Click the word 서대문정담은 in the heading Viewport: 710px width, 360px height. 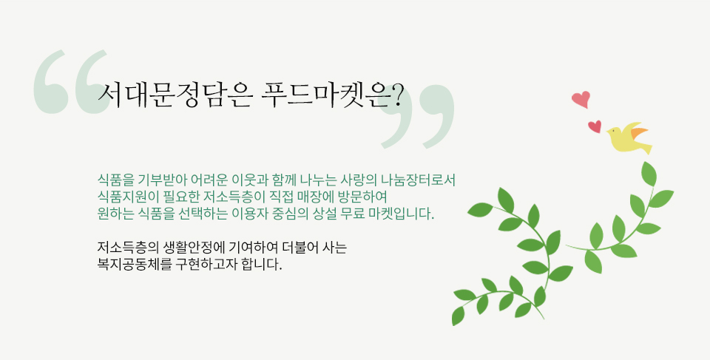tap(174, 95)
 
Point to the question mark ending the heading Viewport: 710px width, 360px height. tap(396, 95)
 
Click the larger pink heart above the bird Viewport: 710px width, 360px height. tap(581, 99)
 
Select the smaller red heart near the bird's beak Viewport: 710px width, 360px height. tap(595, 126)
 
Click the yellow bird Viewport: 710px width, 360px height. tap(629, 138)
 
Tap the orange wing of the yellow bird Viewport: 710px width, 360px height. tap(639, 132)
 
